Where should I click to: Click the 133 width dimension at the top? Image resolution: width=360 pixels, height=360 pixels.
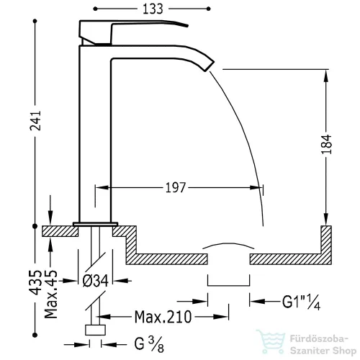pos(153,9)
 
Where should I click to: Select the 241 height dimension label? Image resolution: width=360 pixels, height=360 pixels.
pos(35,121)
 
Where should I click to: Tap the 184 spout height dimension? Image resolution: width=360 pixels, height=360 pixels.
pos(326,144)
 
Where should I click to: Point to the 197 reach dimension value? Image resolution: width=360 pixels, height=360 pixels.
pos(176,187)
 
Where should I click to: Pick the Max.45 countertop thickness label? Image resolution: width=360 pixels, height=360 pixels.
pos(51,294)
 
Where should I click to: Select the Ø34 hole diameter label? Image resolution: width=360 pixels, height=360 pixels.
pos(95,281)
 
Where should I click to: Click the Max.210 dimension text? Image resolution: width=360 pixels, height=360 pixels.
pos(163,317)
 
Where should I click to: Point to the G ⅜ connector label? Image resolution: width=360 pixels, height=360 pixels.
pos(149,344)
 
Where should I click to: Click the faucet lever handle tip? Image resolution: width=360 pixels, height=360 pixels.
pos(186,25)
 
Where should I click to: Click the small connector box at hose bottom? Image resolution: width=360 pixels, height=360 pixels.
pos(95,330)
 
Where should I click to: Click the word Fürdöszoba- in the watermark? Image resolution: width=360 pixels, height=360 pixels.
pos(319,339)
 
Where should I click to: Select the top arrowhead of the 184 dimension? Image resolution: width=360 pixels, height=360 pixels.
pos(326,76)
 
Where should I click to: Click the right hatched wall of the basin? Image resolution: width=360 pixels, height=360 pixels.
pos(326,245)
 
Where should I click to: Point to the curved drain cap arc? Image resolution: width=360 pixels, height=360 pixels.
pos(228,244)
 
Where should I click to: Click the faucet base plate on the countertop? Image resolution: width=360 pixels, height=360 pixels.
pos(95,224)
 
